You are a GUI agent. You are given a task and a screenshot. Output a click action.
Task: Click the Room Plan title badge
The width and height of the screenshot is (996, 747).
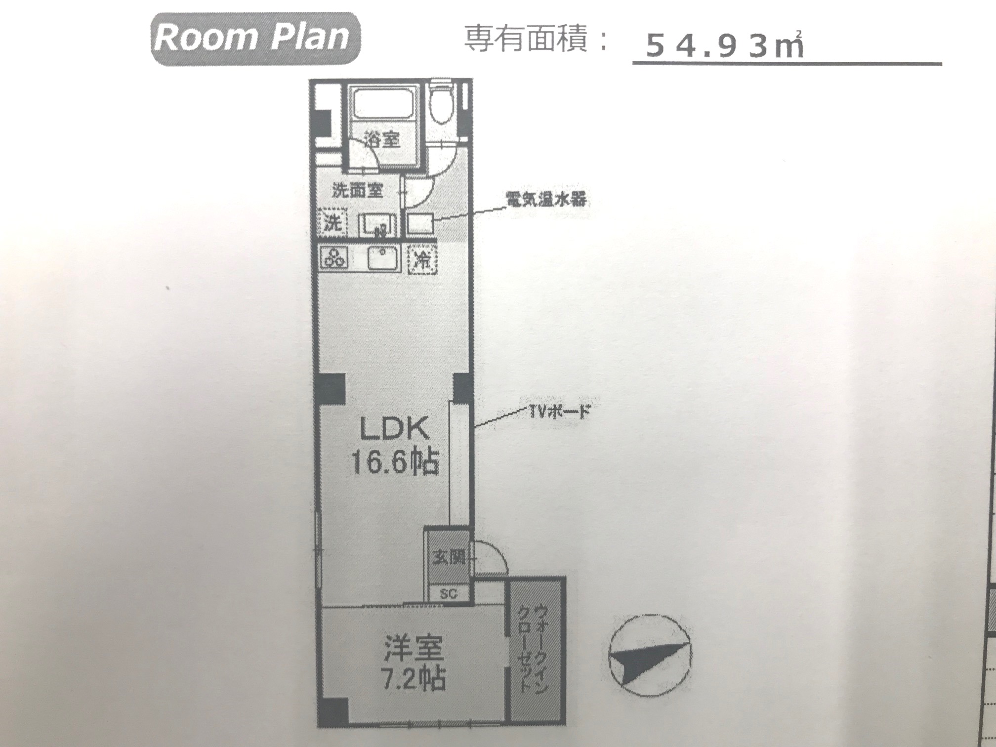point(255,39)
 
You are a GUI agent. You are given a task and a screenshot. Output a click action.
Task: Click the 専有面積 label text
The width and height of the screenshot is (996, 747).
point(527,40)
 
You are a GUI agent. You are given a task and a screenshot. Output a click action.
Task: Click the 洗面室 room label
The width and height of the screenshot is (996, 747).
point(357,190)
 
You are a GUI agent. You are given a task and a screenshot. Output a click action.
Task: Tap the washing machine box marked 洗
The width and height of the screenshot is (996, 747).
point(332,223)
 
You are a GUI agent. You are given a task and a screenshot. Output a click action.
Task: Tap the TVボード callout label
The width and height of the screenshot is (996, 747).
point(560,411)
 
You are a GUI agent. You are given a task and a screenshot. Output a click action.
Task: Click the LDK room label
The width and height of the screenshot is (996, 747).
point(394,430)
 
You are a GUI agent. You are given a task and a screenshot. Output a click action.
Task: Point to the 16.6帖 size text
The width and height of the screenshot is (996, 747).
point(394,463)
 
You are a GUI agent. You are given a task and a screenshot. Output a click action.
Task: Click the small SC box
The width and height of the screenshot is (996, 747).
point(448,593)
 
